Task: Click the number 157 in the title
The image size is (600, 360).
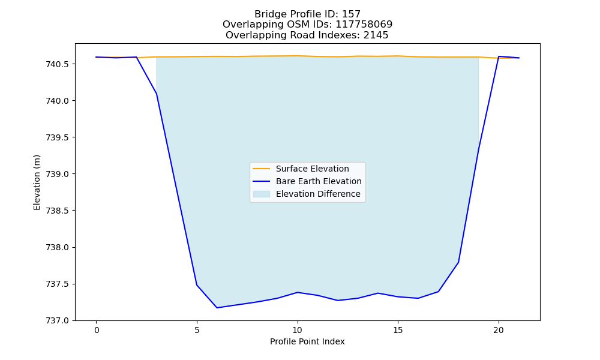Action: tap(351, 14)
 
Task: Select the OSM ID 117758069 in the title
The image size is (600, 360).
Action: tap(364, 25)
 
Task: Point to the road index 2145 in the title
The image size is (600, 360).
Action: tap(376, 35)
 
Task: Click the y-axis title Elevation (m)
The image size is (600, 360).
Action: tap(37, 182)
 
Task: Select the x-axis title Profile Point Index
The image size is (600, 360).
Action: tap(307, 341)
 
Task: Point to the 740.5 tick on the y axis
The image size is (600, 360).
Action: tap(58, 64)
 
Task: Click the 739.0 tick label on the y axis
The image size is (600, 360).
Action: tap(58, 174)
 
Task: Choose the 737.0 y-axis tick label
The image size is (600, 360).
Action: tap(58, 320)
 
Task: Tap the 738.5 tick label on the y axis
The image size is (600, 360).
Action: tap(58, 211)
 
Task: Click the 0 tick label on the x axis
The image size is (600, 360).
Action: tap(97, 330)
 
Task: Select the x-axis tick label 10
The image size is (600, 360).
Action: tap(298, 330)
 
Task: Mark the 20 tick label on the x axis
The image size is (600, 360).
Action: tap(499, 330)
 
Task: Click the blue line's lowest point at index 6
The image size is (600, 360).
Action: tap(217, 308)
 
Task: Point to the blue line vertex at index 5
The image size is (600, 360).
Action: tap(197, 284)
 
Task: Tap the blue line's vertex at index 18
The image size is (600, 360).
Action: tap(458, 262)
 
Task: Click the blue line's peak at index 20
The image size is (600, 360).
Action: tap(499, 56)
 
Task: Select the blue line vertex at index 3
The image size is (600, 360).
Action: tap(157, 94)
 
